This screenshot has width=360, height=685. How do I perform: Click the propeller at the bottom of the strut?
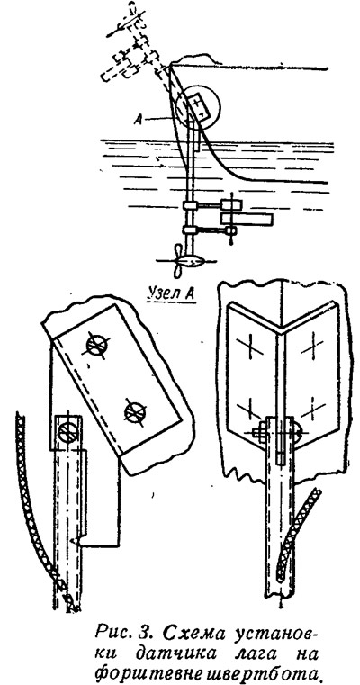pyautogui.click(x=179, y=262)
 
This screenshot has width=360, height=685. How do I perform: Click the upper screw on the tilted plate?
pyautogui.click(x=97, y=345)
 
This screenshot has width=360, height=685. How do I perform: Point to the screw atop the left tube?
pyautogui.click(x=67, y=431)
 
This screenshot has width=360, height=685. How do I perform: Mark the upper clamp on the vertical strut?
pyautogui.click(x=191, y=205)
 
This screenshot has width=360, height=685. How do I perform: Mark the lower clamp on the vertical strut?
pyautogui.click(x=191, y=230)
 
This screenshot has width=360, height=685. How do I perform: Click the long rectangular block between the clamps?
pyautogui.click(x=247, y=220)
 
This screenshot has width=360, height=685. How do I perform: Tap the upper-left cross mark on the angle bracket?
pyautogui.click(x=250, y=347)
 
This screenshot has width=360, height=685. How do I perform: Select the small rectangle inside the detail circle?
pyautogui.click(x=200, y=106)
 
